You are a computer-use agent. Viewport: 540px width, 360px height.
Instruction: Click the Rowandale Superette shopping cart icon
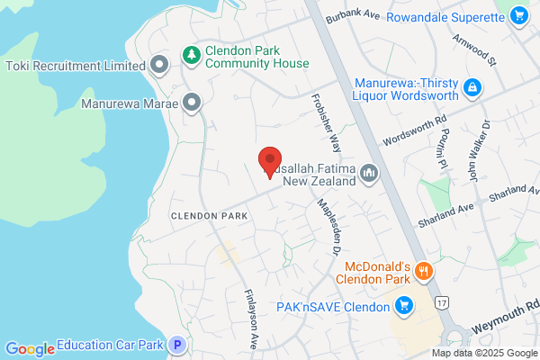pyautogui.click(x=517, y=16)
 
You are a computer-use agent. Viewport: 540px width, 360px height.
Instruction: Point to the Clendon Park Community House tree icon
pyautogui.click(x=191, y=55)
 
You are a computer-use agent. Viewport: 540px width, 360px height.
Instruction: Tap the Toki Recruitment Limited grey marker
pyautogui.click(x=159, y=65)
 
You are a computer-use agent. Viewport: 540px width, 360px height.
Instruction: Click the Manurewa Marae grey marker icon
pyautogui.click(x=191, y=103)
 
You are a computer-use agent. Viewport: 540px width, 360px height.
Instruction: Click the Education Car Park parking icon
pyautogui.click(x=178, y=345)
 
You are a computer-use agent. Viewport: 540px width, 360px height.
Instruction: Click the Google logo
pyautogui.click(x=30, y=348)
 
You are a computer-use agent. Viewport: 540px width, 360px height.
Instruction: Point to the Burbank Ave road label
pyautogui.click(x=355, y=17)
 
